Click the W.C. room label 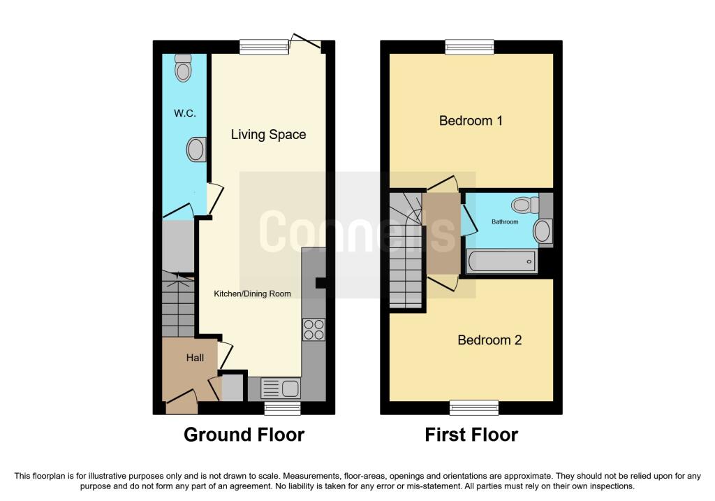(184, 112)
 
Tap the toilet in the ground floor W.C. (184, 68)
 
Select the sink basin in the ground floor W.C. (196, 149)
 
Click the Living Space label (268, 134)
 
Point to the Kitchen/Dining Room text (252, 293)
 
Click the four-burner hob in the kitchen (314, 329)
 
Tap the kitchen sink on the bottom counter (280, 388)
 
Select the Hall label (195, 358)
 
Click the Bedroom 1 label (471, 120)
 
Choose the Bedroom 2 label (489, 340)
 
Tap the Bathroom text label (505, 222)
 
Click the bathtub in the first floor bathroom (502, 263)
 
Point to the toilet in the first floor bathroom (524, 205)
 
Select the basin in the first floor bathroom (543, 231)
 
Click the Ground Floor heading (244, 435)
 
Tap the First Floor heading (471, 435)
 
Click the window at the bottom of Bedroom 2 (474, 407)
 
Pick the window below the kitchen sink (282, 408)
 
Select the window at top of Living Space (264, 47)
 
